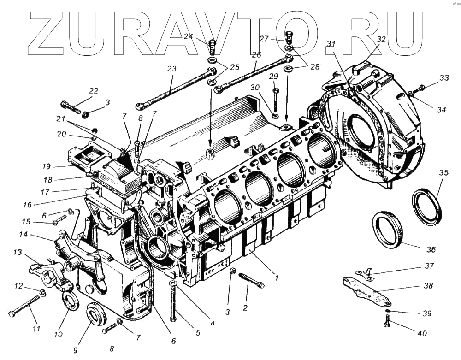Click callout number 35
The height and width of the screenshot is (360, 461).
tap(443, 173)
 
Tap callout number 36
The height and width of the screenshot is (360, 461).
tap(431, 249)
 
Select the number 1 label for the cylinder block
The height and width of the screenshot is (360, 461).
tap(276, 278)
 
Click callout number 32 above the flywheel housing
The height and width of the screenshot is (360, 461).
tap(381, 39)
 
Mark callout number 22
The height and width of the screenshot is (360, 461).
tap(94, 91)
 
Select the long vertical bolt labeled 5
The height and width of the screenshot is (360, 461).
tap(173, 302)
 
